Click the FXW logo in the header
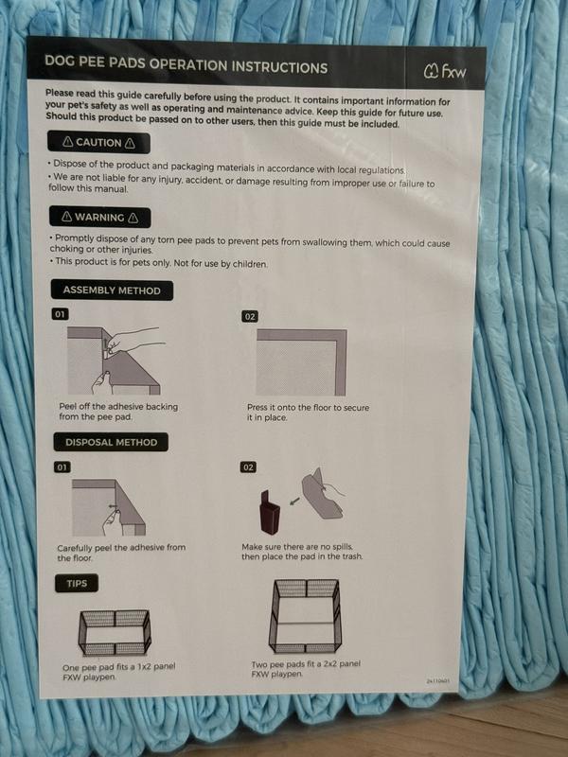[445, 72]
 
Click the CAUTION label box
[98, 143]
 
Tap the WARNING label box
[99, 218]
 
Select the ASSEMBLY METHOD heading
[112, 290]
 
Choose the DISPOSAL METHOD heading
[111, 442]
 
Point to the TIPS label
[77, 583]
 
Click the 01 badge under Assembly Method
[60, 314]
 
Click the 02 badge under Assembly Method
[249, 317]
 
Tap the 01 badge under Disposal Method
[62, 467]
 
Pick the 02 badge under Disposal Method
[248, 467]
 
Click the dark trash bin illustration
[270, 513]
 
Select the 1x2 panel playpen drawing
[115, 632]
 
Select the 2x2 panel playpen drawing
[305, 616]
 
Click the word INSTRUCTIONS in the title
[279, 66]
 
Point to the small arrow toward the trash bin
[294, 502]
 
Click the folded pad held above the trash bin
[323, 493]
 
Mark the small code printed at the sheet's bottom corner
[438, 680]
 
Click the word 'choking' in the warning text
[66, 249]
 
